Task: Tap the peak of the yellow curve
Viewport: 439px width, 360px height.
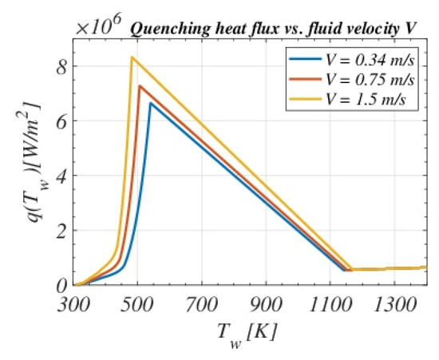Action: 132,57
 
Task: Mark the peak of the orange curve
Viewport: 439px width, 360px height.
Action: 140,85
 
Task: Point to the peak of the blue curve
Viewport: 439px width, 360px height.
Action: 150,103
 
